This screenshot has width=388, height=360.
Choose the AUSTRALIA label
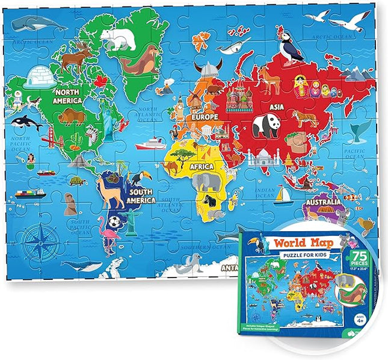325,202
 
